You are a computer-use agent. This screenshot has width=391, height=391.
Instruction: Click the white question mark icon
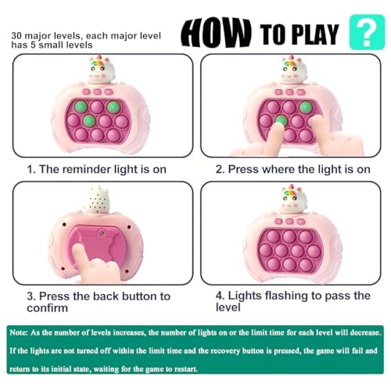pyautogui.click(x=367, y=33)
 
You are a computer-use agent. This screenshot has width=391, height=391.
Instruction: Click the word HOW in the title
pyautogui.click(x=216, y=33)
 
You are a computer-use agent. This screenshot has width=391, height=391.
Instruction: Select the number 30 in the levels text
pyautogui.click(x=16, y=36)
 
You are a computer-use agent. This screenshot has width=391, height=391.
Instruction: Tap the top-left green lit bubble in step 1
pyautogui.click(x=81, y=106)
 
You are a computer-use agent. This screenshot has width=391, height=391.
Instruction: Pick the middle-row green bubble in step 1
pyautogui.click(x=89, y=120)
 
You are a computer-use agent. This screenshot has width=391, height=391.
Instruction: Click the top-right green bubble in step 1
pyautogui.click(x=113, y=106)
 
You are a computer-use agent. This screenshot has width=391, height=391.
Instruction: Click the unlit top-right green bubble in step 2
pyautogui.click(x=306, y=106)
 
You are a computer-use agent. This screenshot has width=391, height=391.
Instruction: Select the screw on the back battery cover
pyautogui.click(x=102, y=232)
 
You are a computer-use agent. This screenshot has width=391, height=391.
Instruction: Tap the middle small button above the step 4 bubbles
pyautogui.click(x=289, y=221)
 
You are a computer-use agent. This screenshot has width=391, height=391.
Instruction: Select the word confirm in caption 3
pyautogui.click(x=48, y=308)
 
